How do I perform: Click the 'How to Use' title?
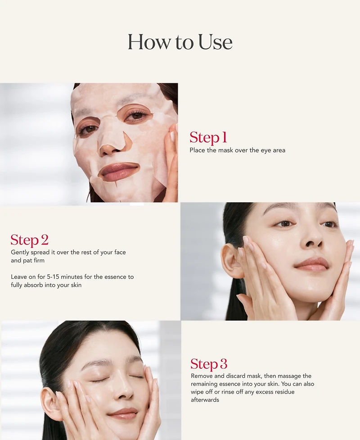coord(180,42)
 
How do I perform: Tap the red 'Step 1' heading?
coord(208,137)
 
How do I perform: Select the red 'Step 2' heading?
coord(29,240)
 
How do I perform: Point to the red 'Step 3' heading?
coord(209,364)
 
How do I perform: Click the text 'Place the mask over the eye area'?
coord(237,150)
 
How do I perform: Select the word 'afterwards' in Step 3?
coord(205,400)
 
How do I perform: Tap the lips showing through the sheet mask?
coord(119,171)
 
